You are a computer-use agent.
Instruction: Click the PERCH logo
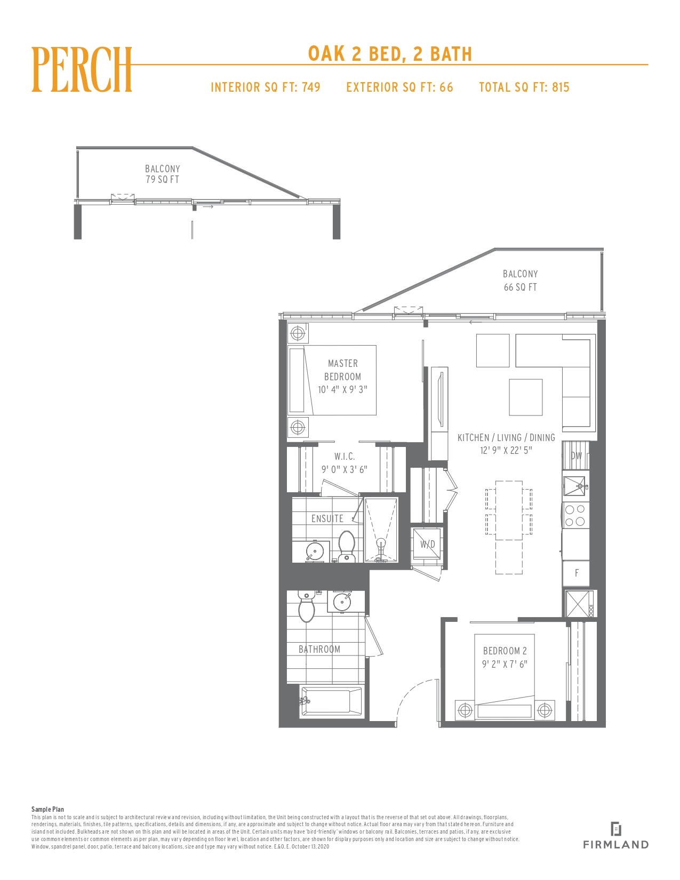pyautogui.click(x=82, y=70)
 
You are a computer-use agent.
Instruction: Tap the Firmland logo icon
pyautogui.click(x=615, y=829)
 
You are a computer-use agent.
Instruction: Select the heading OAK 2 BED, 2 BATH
pyautogui.click(x=390, y=54)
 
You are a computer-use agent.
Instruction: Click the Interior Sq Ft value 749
pyautogui.click(x=311, y=87)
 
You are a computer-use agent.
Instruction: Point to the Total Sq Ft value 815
pyautogui.click(x=561, y=87)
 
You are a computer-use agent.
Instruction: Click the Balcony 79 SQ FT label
pyautogui.click(x=163, y=174)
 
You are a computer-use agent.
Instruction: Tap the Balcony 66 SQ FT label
pyautogui.click(x=521, y=280)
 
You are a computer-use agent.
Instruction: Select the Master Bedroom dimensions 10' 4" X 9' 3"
pyautogui.click(x=342, y=389)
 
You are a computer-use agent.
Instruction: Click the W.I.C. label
pyautogui.click(x=345, y=457)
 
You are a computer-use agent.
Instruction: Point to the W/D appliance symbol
pyautogui.click(x=427, y=544)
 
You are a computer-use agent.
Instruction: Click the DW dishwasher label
pyautogui.click(x=576, y=455)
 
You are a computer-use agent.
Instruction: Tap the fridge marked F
pyautogui.click(x=577, y=573)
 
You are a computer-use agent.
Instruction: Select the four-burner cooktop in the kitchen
pyautogui.click(x=575, y=515)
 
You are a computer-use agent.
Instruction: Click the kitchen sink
pyautogui.click(x=575, y=486)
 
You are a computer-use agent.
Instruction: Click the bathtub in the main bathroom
pyautogui.click(x=331, y=701)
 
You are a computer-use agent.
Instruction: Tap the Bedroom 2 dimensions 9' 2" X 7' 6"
pyautogui.click(x=505, y=664)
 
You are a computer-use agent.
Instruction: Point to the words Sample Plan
pyautogui.click(x=48, y=810)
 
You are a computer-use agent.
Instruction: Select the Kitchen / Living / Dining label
pyautogui.click(x=506, y=438)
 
